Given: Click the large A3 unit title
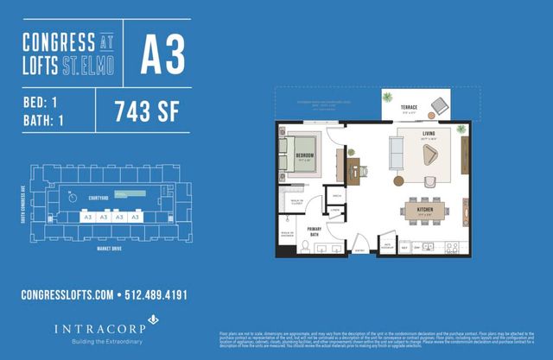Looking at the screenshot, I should [162, 54].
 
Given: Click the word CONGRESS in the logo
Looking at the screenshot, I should [59, 41].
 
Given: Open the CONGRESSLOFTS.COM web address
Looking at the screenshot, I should [67, 294].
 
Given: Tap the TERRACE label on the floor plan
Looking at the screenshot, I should [410, 108].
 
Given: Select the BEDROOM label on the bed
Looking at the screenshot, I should [304, 155].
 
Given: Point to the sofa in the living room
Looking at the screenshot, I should [397, 153].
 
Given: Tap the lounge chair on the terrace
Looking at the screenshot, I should [440, 106].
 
